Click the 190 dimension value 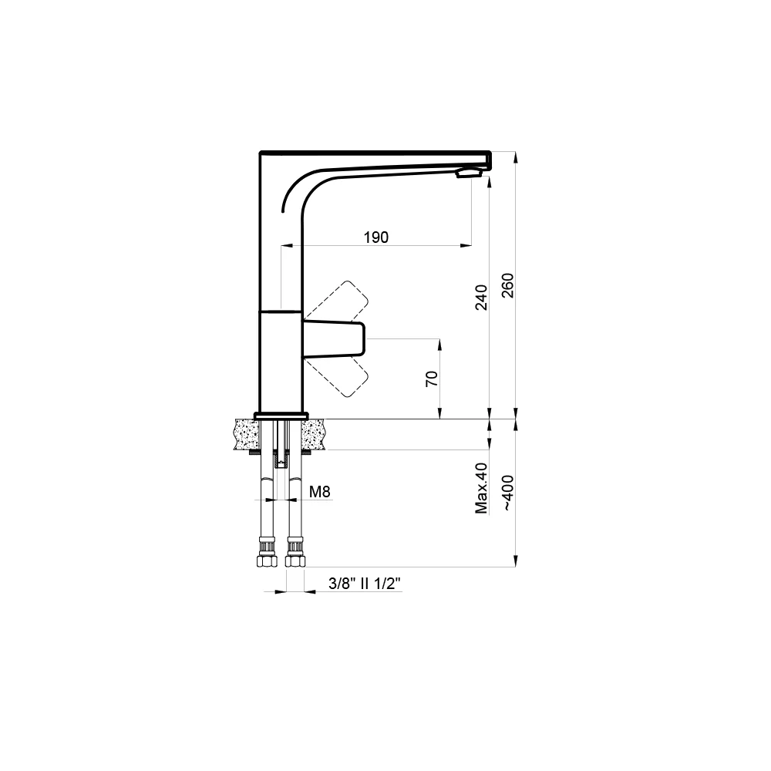click(x=375, y=237)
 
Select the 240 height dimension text click(x=480, y=298)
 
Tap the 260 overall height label click(x=507, y=286)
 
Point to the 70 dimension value click(x=432, y=378)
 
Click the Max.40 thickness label click(x=482, y=489)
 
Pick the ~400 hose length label click(x=507, y=494)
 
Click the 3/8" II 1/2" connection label click(x=361, y=584)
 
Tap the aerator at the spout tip click(x=469, y=173)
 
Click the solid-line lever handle click(x=335, y=339)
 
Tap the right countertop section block click(x=315, y=435)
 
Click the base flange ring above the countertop click(x=280, y=416)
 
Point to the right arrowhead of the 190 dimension click(x=467, y=245)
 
